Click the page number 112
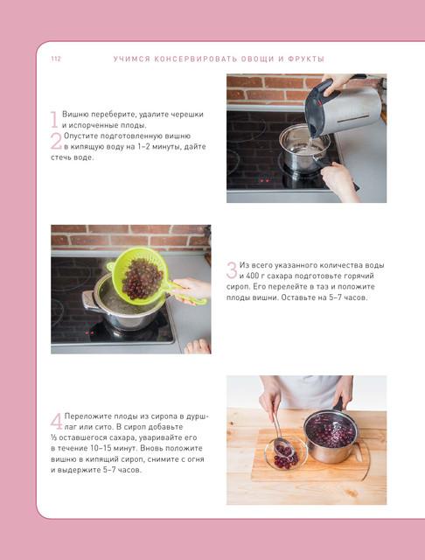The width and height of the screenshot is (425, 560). pos(56,59)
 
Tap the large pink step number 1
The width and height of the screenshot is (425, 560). pos(54,119)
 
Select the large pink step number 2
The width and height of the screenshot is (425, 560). pos(56,141)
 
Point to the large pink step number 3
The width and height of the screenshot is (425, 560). pos(232,270)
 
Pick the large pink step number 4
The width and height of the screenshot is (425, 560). pos(56,422)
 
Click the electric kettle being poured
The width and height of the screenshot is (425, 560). pos(343,106)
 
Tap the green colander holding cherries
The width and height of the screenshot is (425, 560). pos(143,276)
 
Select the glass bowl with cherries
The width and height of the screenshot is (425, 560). pos(286,453)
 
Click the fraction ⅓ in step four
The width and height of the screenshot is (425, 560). pos(53,437)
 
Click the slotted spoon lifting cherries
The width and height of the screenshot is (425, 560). pos(281,434)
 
